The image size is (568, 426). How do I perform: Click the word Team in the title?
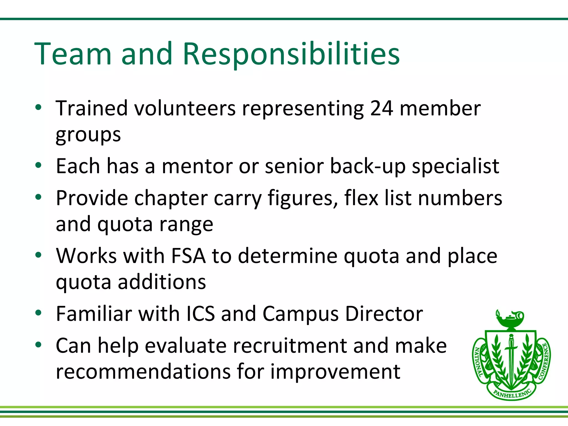tap(73, 54)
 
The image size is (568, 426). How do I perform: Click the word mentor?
tap(197, 166)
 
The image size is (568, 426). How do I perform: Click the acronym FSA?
tap(188, 256)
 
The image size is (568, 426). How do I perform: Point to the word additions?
tap(162, 282)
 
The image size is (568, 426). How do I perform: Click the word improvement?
tap(335, 372)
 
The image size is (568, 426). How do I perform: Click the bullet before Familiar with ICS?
tap(38, 313)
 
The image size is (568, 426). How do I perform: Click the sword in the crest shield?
tap(511, 358)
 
